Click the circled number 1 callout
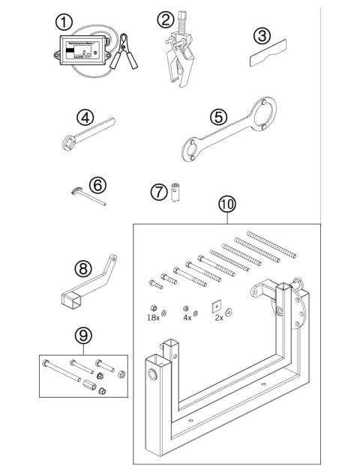pyautogui.click(x=64, y=23)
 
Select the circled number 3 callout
pyautogui.click(x=260, y=36)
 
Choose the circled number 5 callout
pyautogui.click(x=218, y=117)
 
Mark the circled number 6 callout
pyautogui.click(x=97, y=184)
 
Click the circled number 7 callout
pyautogui.click(x=157, y=192)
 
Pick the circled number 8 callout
pyautogui.click(x=83, y=267)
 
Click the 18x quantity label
pyautogui.click(x=153, y=318)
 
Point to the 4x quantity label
pyautogui.click(x=187, y=318)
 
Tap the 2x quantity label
pyautogui.click(x=220, y=318)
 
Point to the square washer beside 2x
pyautogui.click(x=215, y=306)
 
